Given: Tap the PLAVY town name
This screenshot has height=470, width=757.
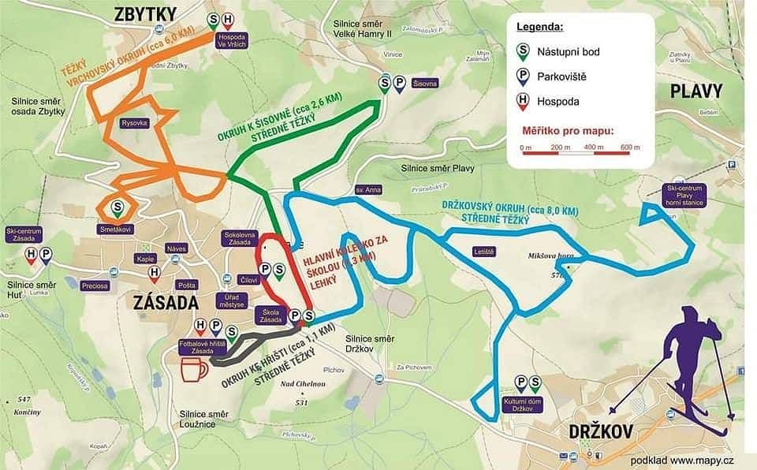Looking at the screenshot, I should [695, 90].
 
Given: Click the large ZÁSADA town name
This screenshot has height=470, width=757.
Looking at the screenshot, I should [159, 302].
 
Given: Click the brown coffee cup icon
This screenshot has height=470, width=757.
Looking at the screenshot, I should [193, 369].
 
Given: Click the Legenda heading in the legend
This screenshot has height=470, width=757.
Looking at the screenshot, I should [539, 27].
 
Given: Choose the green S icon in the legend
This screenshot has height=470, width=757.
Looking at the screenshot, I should [521, 52].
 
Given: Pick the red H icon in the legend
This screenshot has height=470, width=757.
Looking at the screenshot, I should [521, 101].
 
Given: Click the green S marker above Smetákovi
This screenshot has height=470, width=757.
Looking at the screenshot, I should [117, 208].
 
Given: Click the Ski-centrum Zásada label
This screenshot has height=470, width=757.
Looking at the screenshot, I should [23, 235].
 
